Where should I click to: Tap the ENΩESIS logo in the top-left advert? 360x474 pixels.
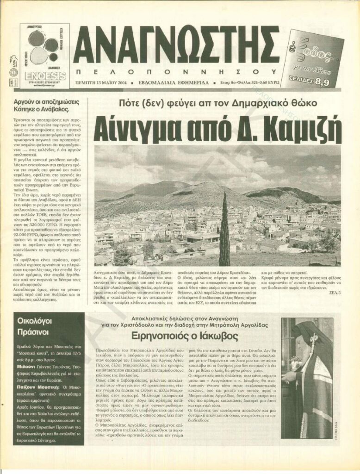45,74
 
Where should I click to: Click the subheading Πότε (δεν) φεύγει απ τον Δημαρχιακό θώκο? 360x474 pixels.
217,102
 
